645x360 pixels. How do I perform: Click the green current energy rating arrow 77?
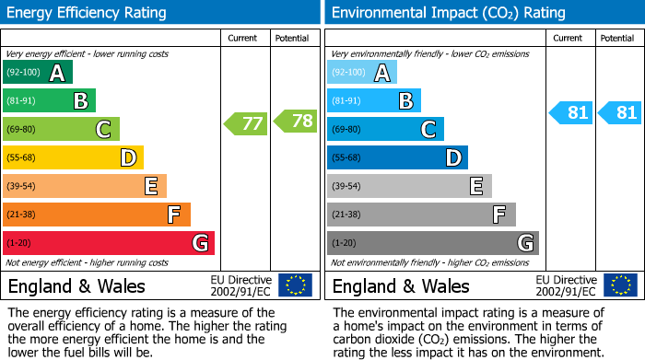click(x=245, y=122)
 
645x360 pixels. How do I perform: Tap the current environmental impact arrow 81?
click(x=570, y=113)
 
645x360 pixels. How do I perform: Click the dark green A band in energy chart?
click(x=38, y=73)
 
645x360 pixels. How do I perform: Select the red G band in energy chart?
click(x=109, y=243)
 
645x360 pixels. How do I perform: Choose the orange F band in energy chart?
click(x=97, y=215)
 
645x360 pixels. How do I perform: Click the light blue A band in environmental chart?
click(x=362, y=73)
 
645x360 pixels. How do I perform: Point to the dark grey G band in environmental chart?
click(x=432, y=243)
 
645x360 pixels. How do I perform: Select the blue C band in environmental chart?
click(x=385, y=129)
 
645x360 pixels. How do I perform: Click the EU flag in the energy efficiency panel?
click(x=295, y=285)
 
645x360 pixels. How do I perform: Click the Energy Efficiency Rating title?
click(x=88, y=13)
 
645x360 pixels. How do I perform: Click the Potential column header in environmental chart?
click(x=617, y=38)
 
